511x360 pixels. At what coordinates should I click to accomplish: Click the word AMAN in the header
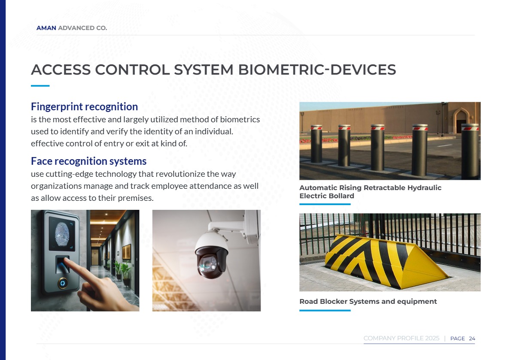(x=46, y=28)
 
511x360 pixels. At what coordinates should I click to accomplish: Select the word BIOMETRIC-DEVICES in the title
(x=317, y=70)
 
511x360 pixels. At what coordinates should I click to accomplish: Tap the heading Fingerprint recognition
(x=85, y=107)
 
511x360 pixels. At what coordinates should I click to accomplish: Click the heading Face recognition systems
(x=88, y=161)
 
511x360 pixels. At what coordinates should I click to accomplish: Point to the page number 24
(x=472, y=339)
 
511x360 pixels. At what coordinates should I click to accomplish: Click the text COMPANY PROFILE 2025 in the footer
(x=401, y=338)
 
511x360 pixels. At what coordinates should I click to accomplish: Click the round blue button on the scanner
(x=63, y=283)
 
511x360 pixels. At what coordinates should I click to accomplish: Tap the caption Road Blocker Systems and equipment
(x=368, y=301)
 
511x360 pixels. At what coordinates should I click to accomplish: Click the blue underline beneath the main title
(x=40, y=86)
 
